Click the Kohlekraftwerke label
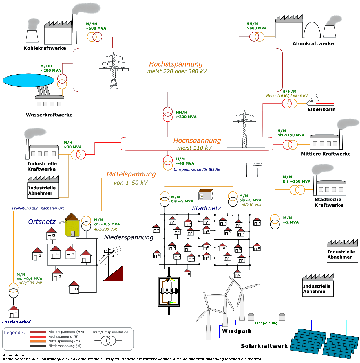click(45, 48)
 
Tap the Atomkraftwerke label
click(313, 44)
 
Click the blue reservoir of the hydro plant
click(28, 80)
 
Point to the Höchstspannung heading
click(176, 64)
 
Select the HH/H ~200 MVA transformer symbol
click(168, 115)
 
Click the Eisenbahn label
click(321, 110)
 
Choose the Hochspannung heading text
click(197, 141)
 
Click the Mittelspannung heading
click(131, 174)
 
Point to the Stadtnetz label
click(206, 208)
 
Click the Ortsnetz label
click(42, 222)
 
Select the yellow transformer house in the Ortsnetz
click(72, 226)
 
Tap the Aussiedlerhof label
click(16, 322)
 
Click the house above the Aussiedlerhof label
click(14, 312)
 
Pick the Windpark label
click(237, 331)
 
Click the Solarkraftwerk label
click(264, 346)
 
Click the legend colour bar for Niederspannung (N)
click(38, 346)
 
